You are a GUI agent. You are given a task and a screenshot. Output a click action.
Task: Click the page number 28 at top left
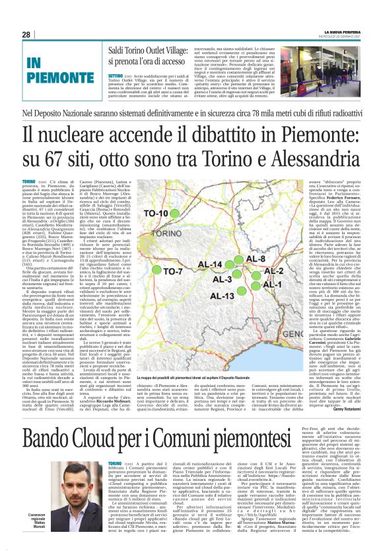[26, 34]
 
